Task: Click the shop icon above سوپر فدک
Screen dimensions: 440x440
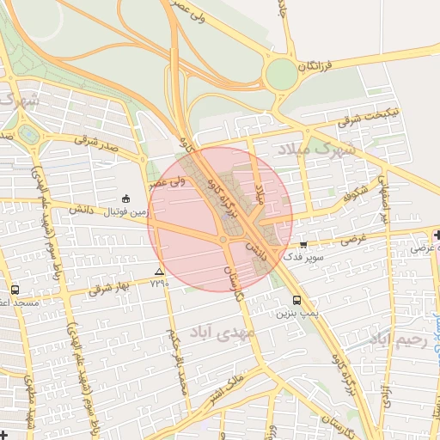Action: coord(302,244)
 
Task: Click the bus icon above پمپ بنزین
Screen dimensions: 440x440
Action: coord(297,301)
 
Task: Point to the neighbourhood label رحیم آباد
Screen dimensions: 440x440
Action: coord(398,340)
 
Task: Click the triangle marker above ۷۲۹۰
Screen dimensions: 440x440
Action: coord(159,272)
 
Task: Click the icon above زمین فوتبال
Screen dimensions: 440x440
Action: coord(126,198)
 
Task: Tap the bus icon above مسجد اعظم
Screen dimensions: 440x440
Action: coord(15,290)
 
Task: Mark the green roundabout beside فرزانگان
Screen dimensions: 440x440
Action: coord(281,75)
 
